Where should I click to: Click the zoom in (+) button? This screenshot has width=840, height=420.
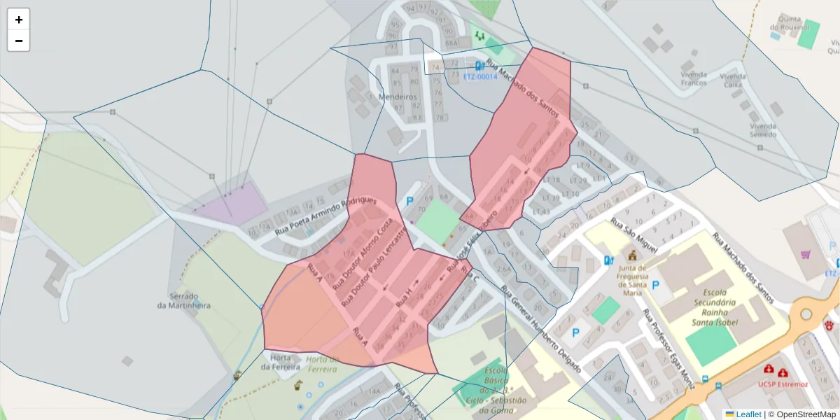(19, 20)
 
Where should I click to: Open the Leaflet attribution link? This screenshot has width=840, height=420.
(748, 414)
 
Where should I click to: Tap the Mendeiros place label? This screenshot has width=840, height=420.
(397, 97)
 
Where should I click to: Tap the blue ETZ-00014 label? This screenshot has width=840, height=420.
(479, 76)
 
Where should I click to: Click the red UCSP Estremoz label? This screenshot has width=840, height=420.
(782, 384)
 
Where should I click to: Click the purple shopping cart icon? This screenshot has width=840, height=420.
(805, 254)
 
